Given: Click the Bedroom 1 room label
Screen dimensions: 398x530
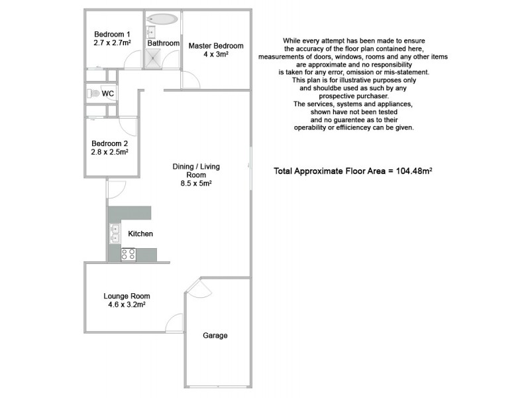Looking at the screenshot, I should click(112, 34).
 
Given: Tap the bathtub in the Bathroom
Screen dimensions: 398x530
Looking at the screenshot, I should click(162, 18).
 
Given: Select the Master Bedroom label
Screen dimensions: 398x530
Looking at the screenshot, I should click(216, 46).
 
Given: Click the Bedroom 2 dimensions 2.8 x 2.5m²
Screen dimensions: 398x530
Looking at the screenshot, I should click(110, 151).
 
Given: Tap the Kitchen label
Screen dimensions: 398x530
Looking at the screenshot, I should click(140, 234).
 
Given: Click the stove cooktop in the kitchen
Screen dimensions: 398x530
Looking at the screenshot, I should click(129, 254).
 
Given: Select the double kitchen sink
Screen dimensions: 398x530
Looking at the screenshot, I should click(115, 233).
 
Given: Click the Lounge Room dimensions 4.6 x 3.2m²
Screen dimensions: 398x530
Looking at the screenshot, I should click(127, 305).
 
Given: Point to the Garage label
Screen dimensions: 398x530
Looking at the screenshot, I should click(215, 336).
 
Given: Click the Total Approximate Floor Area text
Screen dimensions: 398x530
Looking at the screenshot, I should click(334, 170).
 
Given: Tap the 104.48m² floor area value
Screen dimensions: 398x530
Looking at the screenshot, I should click(415, 170).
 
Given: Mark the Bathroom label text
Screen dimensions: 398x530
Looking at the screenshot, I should click(163, 43).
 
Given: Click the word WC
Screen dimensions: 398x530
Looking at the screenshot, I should click(108, 94).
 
